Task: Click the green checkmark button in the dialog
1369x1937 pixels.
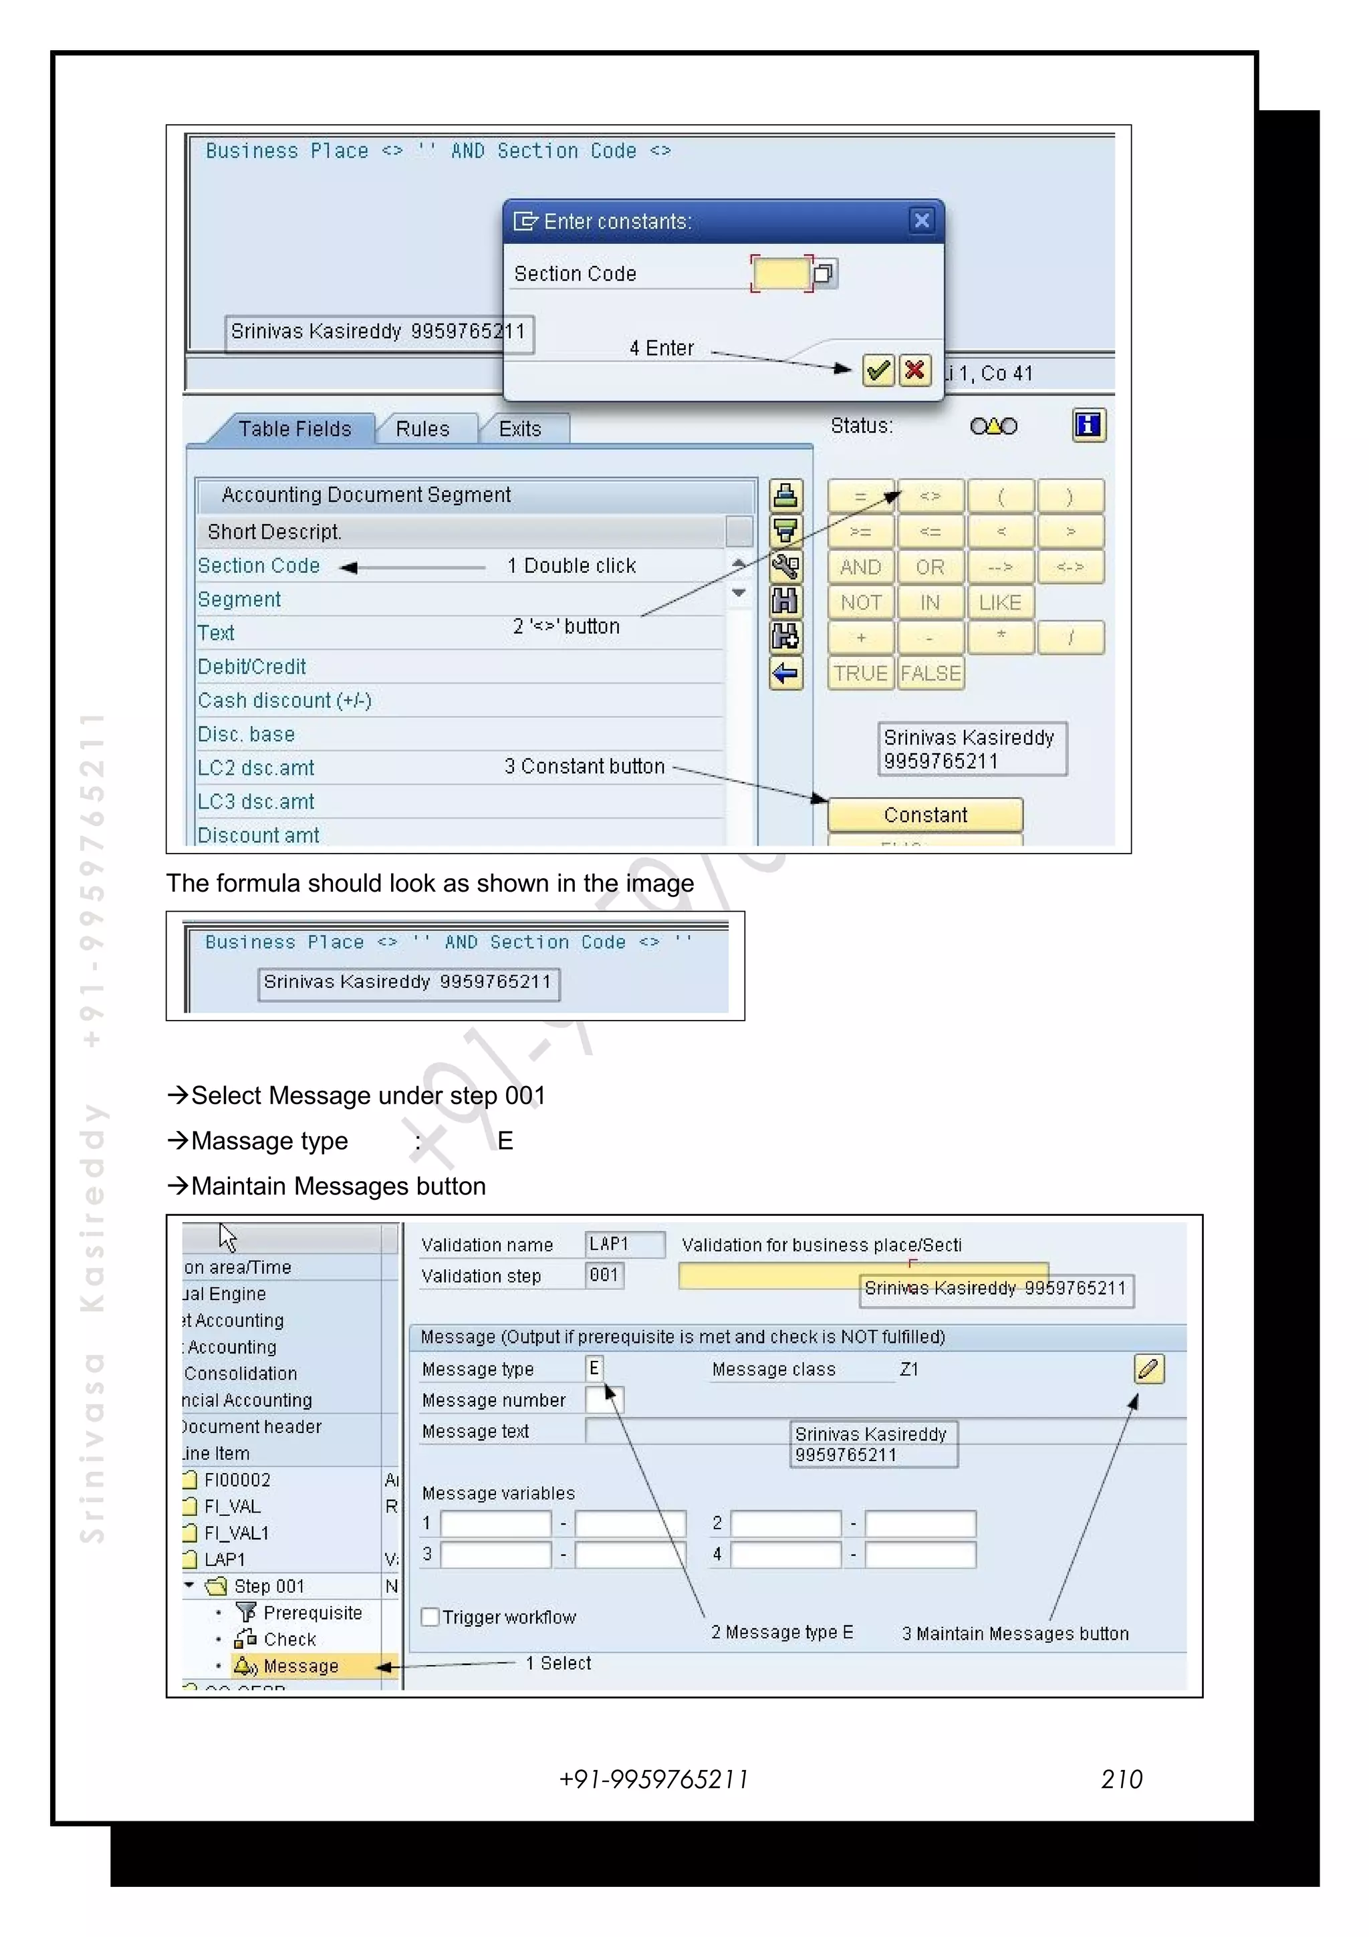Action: pos(877,370)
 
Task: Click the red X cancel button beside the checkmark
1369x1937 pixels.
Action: pos(914,370)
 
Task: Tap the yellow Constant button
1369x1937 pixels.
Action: pos(924,815)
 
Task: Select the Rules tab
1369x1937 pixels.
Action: pos(422,428)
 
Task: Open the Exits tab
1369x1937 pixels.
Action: pos(519,428)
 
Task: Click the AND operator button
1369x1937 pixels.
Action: pos(860,567)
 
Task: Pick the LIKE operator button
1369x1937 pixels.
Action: pos(999,602)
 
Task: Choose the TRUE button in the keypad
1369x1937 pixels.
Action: pos(860,673)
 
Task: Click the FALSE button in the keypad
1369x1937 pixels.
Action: pos(930,673)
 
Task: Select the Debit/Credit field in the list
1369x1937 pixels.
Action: pos(251,666)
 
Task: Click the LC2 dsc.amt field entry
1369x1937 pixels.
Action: pos(255,768)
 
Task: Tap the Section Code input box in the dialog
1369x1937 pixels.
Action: pos(780,273)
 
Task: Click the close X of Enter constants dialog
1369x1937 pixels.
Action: pos(922,221)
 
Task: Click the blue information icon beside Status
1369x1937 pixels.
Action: pos(1088,425)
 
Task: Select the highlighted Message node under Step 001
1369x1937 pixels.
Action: pos(300,1666)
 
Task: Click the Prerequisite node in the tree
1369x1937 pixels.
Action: pos(312,1613)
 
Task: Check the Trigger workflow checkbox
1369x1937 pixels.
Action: pos(430,1618)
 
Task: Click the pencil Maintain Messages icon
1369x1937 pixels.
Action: pos(1148,1368)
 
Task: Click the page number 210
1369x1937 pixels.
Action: pos(1121,1779)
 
